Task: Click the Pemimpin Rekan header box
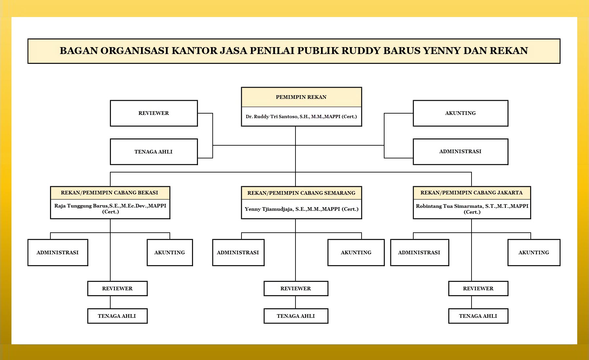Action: pos(301,97)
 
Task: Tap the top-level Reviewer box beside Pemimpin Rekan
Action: pos(154,113)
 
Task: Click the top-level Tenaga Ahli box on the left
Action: pos(154,152)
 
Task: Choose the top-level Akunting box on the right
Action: pos(460,113)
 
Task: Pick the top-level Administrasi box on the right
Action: pos(460,152)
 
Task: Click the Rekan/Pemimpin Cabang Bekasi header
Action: pos(110,193)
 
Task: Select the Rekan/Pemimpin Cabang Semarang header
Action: pos(301,193)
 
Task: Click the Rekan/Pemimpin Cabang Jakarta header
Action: pos(472,193)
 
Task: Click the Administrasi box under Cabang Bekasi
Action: pos(58,253)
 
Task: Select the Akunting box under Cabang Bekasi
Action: pos(170,253)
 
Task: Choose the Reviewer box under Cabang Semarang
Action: pos(296,289)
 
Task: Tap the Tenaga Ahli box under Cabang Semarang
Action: pos(296,316)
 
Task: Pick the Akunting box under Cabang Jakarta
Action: pos(534,253)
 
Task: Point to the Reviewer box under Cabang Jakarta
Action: pos(478,289)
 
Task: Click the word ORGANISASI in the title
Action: pos(134,51)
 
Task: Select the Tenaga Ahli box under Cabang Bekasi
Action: pos(117,316)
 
